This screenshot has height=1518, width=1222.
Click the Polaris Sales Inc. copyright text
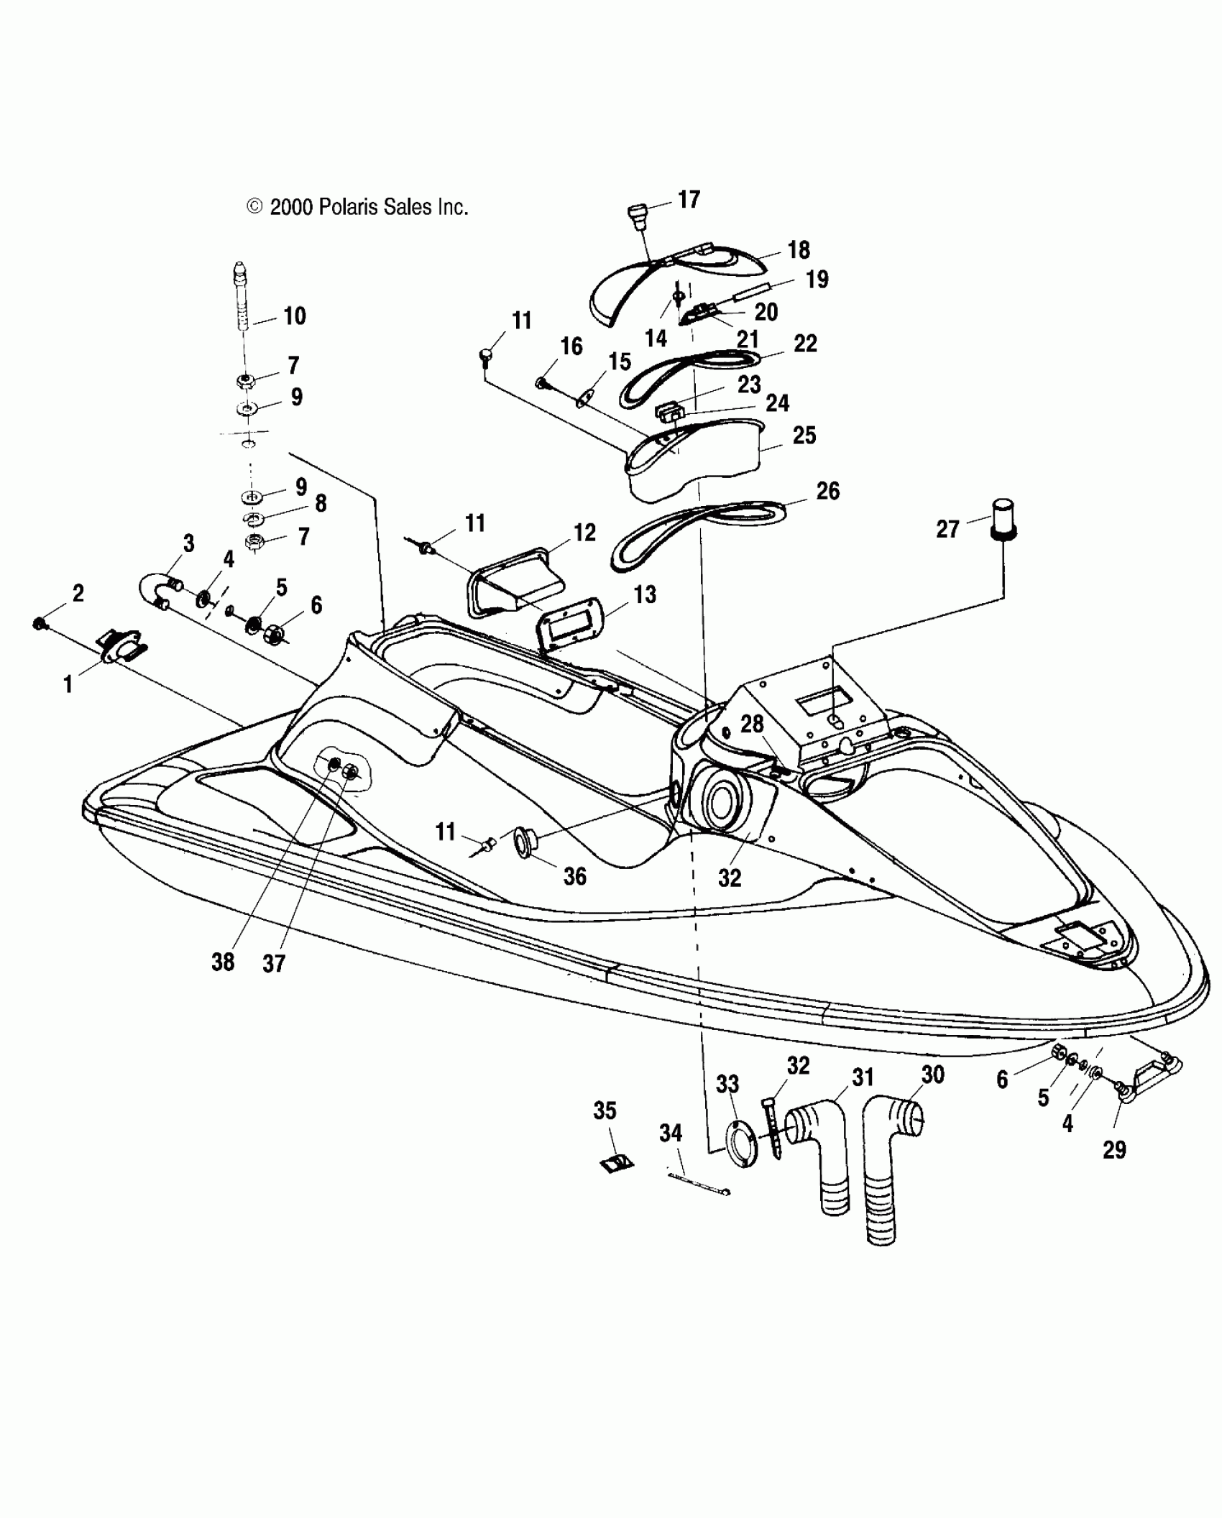coord(357,208)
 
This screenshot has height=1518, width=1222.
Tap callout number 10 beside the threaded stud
coord(295,316)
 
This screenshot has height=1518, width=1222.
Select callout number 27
coord(948,529)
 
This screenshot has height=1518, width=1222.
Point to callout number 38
coord(223,962)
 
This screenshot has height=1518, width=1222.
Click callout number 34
coord(671,1133)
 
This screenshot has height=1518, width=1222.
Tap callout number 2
coord(78,593)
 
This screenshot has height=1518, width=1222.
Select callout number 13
coord(645,594)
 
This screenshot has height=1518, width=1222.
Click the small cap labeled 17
coord(637,214)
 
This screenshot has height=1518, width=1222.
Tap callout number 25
coord(804,435)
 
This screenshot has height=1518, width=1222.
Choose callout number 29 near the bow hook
coord(1114,1150)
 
